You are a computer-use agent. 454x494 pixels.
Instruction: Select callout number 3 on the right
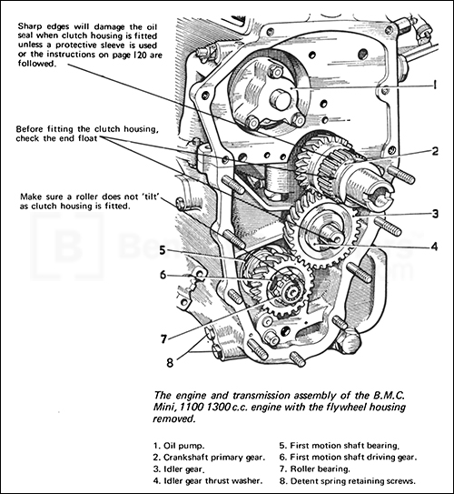click(x=436, y=214)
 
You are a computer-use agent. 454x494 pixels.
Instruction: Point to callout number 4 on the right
click(x=436, y=244)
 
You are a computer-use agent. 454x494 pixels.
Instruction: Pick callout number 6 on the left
click(x=163, y=275)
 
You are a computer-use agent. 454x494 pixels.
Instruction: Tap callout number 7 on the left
click(x=163, y=338)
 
